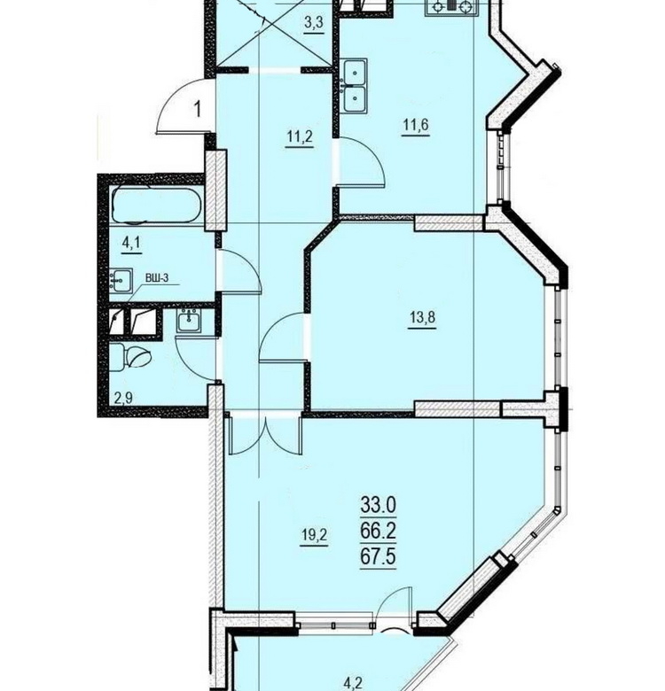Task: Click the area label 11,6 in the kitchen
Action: pyautogui.click(x=415, y=125)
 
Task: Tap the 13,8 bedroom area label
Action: pyautogui.click(x=422, y=317)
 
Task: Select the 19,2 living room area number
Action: pyautogui.click(x=314, y=535)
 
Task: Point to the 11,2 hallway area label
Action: pyautogui.click(x=300, y=136)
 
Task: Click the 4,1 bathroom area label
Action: pyautogui.click(x=131, y=244)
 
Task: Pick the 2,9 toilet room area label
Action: pyautogui.click(x=123, y=399)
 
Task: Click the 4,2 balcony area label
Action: pyautogui.click(x=353, y=684)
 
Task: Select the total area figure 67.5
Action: pyautogui.click(x=378, y=556)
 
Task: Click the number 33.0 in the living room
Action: pyautogui.click(x=379, y=505)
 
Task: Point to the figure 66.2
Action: pyautogui.click(x=378, y=531)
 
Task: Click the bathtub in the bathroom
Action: pyautogui.click(x=157, y=206)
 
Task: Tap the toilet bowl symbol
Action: pyautogui.click(x=130, y=356)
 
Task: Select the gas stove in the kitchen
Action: pyautogui.click(x=451, y=7)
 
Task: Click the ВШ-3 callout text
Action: pyautogui.click(x=157, y=278)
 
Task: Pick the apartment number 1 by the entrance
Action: pyautogui.click(x=198, y=109)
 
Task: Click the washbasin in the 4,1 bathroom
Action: pyautogui.click(x=120, y=281)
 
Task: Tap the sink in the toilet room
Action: pyautogui.click(x=189, y=321)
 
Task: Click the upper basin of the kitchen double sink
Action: pyautogui.click(x=355, y=72)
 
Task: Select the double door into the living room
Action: pyautogui.click(x=265, y=434)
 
